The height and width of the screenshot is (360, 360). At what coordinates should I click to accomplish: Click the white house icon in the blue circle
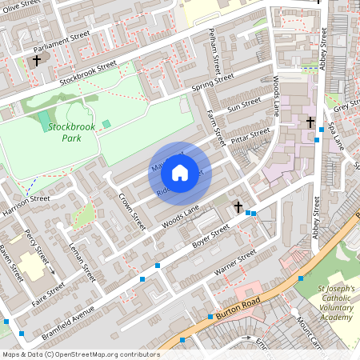point(180,173)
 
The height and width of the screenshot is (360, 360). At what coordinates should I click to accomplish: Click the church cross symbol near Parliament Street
point(36,61)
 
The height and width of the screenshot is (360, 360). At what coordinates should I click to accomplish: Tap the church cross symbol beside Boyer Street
point(238,207)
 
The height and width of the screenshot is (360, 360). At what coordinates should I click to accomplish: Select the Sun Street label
point(244,105)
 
